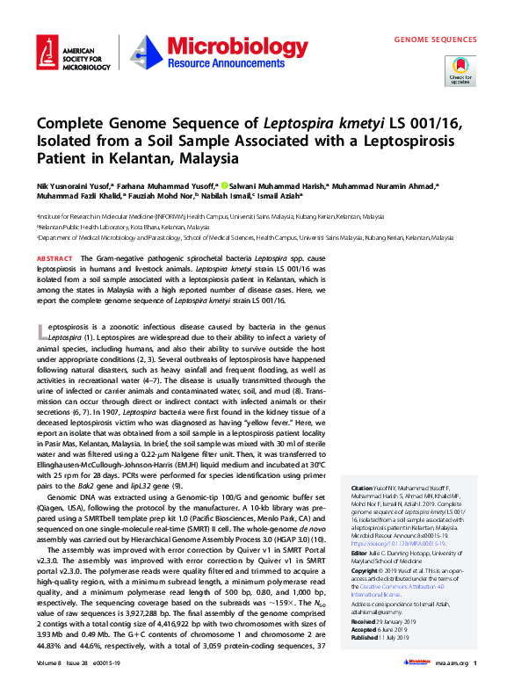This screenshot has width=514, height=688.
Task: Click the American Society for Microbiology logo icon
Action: [x=47, y=54]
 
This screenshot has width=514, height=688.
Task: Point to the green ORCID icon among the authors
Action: [x=225, y=186]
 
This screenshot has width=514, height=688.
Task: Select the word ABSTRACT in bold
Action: [x=55, y=258]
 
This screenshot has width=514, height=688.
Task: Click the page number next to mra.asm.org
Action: [x=474, y=674]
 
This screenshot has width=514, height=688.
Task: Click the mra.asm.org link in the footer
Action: [x=447, y=674]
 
